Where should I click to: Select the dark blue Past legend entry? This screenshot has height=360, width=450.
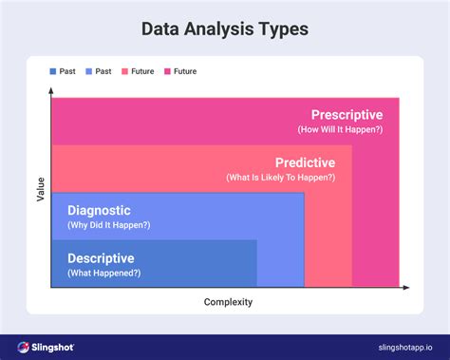pyautogui.click(x=64, y=71)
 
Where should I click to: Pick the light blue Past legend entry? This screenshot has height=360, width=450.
pyautogui.click(x=99, y=71)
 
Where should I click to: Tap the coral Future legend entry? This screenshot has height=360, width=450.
pyautogui.click(x=137, y=71)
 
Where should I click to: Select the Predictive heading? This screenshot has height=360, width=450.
pyautogui.click(x=305, y=162)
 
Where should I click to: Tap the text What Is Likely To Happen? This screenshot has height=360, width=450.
pyautogui.click(x=281, y=178)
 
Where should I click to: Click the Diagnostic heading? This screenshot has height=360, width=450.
pyautogui.click(x=99, y=210)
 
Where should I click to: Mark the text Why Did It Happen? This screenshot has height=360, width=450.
pyautogui.click(x=108, y=225)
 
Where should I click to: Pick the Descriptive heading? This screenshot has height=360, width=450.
pyautogui.click(x=101, y=257)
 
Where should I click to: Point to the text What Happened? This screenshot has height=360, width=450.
pyautogui.click(x=103, y=273)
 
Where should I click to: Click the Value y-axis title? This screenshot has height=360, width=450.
pyautogui.click(x=40, y=189)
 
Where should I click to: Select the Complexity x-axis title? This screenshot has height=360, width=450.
pyautogui.click(x=228, y=302)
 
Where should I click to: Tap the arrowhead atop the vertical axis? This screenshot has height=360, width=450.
pyautogui.click(x=51, y=91)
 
